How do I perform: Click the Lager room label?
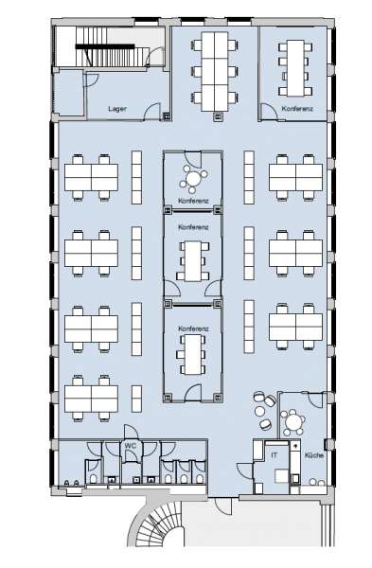pos(117,108)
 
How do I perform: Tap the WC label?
pos(131,445)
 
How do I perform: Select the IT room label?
pos(275,454)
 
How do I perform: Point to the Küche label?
pos(313,455)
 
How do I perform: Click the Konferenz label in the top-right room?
pos(297,108)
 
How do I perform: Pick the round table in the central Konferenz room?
pos(194,178)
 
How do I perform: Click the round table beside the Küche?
pos(294,421)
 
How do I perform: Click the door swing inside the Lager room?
pos(152,112)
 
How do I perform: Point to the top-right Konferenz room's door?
pos(269,112)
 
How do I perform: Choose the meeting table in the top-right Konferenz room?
pos(295,68)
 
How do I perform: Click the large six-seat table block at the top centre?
pos(215,71)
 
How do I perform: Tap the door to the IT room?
pos(245,470)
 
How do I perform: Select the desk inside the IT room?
pos(281,475)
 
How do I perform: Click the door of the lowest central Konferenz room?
pos(193,393)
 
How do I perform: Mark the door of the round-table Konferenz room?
pos(193,159)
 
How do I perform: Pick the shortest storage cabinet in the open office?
pos(136,399)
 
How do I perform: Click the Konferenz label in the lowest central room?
pos(193,328)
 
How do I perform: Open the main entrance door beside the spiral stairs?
pos(223,506)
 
